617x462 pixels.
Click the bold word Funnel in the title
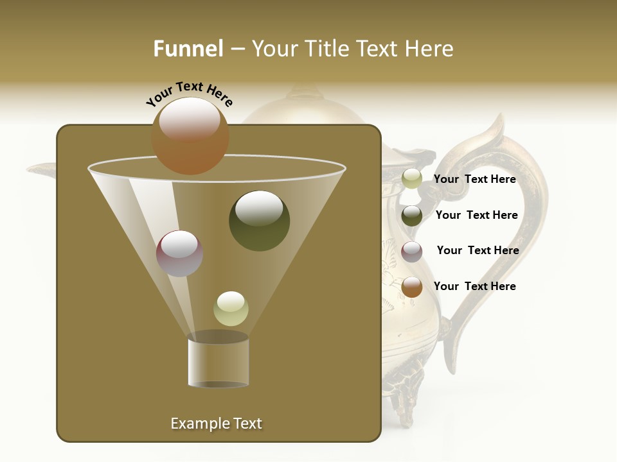(x=188, y=49)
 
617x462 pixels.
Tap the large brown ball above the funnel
(x=190, y=136)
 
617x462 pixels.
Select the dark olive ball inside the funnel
(x=259, y=221)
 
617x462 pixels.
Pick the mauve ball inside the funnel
(x=180, y=253)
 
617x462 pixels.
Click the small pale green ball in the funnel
(x=231, y=309)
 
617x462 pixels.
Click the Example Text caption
(x=216, y=424)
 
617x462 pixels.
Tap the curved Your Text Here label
(x=190, y=93)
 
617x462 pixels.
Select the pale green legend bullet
(x=412, y=179)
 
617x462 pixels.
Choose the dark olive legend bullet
(x=412, y=216)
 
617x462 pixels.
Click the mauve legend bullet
(x=412, y=252)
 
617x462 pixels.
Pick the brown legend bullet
(x=412, y=287)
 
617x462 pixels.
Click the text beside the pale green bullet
(x=474, y=179)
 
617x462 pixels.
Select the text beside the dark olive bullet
(x=476, y=215)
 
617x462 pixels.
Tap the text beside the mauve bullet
(x=478, y=250)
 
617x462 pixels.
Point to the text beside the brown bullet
(x=474, y=286)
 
